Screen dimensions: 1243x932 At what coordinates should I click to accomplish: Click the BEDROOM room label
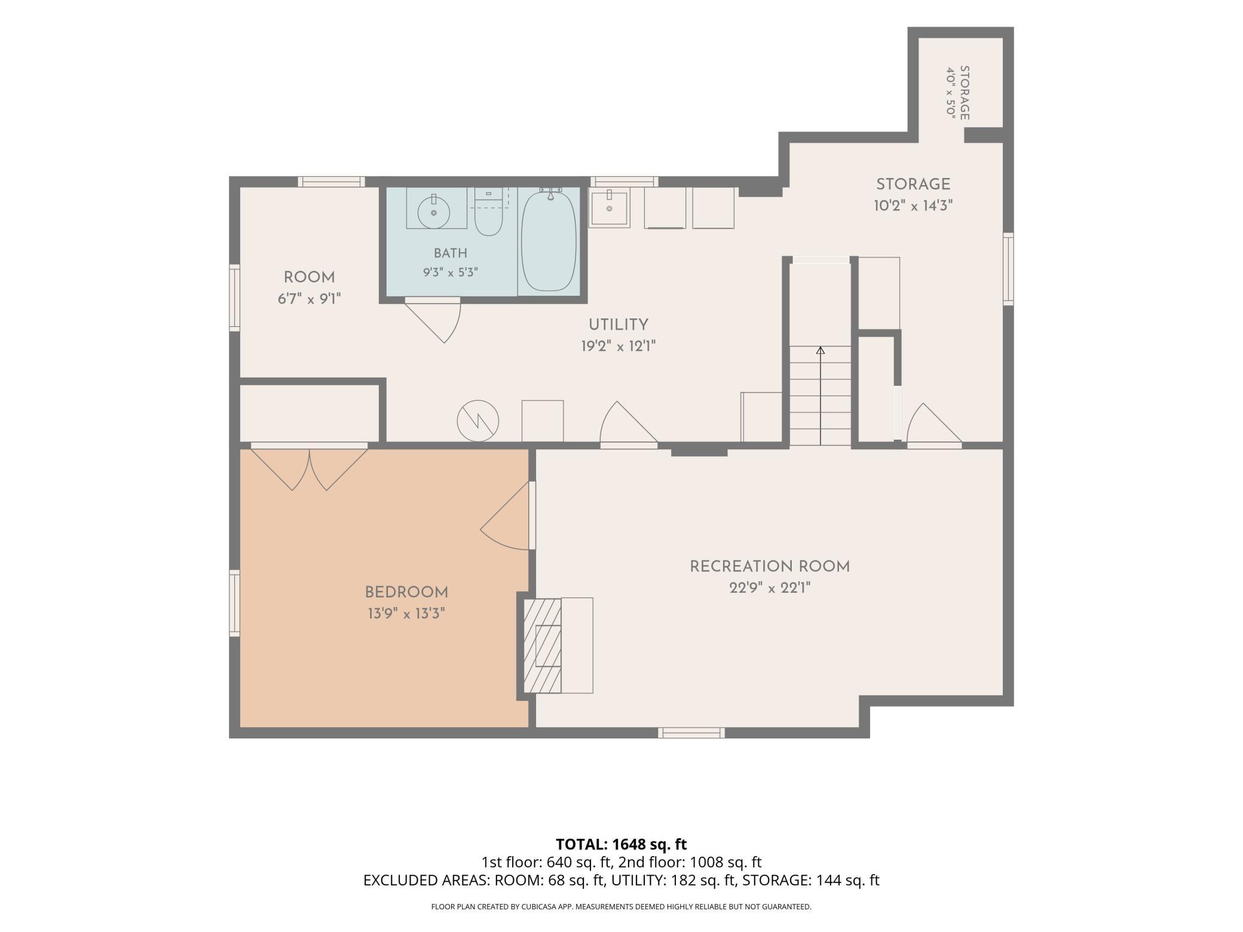pyautogui.click(x=406, y=593)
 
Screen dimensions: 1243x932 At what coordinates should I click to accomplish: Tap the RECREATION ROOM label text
pyautogui.click(x=770, y=566)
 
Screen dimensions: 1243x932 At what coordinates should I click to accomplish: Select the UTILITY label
pyautogui.click(x=619, y=325)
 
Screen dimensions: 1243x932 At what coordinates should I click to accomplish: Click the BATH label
pyautogui.click(x=451, y=253)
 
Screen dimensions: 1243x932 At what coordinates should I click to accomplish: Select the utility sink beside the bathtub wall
pyautogui.click(x=610, y=208)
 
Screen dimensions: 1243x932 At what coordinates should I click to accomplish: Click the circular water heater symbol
pyautogui.click(x=478, y=421)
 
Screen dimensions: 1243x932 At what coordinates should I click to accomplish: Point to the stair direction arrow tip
pyautogui.click(x=820, y=348)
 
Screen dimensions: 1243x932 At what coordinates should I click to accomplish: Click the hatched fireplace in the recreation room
pyautogui.click(x=543, y=645)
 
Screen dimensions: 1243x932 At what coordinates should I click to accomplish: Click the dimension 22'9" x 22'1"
pyautogui.click(x=770, y=588)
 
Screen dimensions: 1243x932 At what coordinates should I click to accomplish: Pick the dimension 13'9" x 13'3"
pyautogui.click(x=406, y=614)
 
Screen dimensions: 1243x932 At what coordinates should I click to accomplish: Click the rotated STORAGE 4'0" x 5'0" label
pyautogui.click(x=957, y=93)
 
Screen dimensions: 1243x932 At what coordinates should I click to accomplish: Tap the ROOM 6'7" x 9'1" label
pyautogui.click(x=309, y=288)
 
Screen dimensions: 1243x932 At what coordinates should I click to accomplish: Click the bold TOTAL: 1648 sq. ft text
pyautogui.click(x=621, y=844)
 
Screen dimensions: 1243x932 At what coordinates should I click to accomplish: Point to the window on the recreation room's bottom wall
pyautogui.click(x=691, y=732)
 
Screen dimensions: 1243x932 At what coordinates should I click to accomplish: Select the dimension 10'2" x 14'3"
pyautogui.click(x=913, y=206)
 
